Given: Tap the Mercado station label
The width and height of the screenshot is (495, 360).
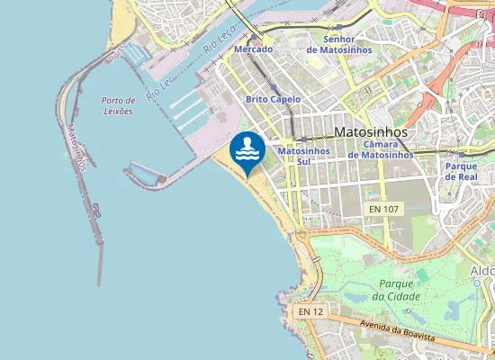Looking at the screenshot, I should click(x=253, y=49).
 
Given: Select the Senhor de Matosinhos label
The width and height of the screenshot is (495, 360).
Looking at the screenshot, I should click(x=338, y=44).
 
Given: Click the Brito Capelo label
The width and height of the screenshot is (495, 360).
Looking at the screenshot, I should click(x=273, y=99).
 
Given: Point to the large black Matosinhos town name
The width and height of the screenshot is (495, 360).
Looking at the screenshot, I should click(x=370, y=132).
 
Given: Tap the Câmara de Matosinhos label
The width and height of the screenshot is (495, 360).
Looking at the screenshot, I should click(x=380, y=149).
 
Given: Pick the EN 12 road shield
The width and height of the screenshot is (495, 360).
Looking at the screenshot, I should click(x=310, y=311).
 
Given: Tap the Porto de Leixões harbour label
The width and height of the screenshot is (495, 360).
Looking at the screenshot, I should click(x=118, y=105).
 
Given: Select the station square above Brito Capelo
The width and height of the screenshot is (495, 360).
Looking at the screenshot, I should click(x=273, y=87).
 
